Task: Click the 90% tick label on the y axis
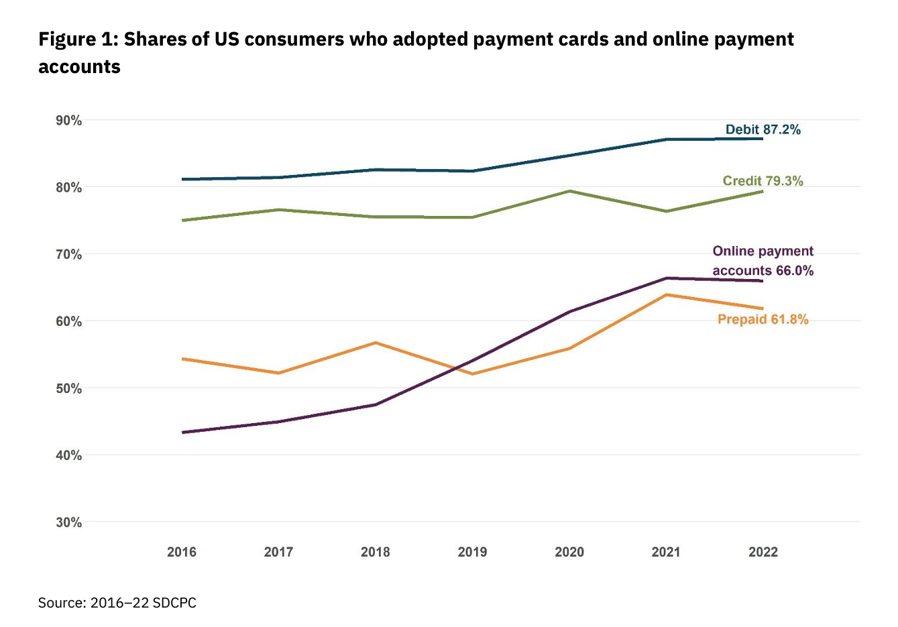point(68,121)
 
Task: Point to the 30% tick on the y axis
point(68,522)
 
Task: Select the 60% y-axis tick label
point(68,321)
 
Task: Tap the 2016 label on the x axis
point(182,552)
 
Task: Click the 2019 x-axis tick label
point(472,552)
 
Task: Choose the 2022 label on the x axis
point(763,552)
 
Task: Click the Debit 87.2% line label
point(763,129)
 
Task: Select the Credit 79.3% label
point(763,181)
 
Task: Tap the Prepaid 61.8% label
point(763,319)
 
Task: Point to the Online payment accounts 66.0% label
point(763,261)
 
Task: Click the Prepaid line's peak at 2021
point(666,294)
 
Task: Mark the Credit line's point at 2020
point(569,191)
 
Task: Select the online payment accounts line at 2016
point(182,432)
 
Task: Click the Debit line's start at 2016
point(182,179)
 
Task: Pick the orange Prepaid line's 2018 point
point(376,343)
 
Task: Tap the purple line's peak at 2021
point(666,278)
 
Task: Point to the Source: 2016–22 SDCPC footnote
point(117,603)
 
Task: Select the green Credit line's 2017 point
point(279,210)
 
